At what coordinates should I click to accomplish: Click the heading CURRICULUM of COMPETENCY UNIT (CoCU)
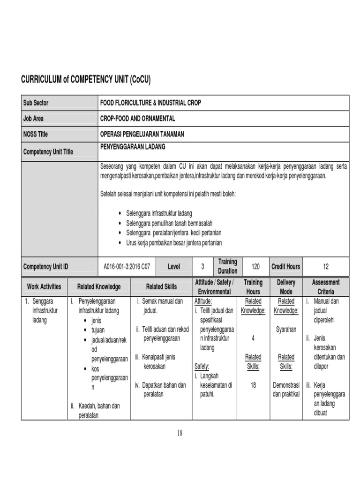[x=86, y=79]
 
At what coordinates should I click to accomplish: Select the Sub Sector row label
[x=36, y=103]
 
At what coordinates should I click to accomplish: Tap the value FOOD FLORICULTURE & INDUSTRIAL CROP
[x=150, y=103]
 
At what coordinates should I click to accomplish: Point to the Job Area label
[x=33, y=119]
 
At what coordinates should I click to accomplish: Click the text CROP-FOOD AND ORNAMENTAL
[x=137, y=119]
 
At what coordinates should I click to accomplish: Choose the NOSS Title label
[x=36, y=134]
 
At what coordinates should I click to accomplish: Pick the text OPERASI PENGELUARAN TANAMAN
[x=142, y=134]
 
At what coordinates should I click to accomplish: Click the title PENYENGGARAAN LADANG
[x=133, y=147]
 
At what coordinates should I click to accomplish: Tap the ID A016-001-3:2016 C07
[x=127, y=267]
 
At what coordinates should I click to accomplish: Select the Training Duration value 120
[x=255, y=267]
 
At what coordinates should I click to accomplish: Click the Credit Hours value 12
[x=326, y=267]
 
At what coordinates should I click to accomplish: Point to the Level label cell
[x=174, y=267]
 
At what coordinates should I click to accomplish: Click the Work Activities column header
[x=44, y=286]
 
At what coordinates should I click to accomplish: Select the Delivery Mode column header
[x=286, y=287]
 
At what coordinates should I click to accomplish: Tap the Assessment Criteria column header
[x=325, y=287]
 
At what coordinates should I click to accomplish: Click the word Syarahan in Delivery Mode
[x=286, y=330]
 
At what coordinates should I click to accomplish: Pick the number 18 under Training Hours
[x=253, y=385]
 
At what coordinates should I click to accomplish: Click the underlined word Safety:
[x=202, y=367]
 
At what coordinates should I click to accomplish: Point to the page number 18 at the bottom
[x=180, y=434]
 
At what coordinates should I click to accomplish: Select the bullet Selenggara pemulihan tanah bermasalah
[x=169, y=223]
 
